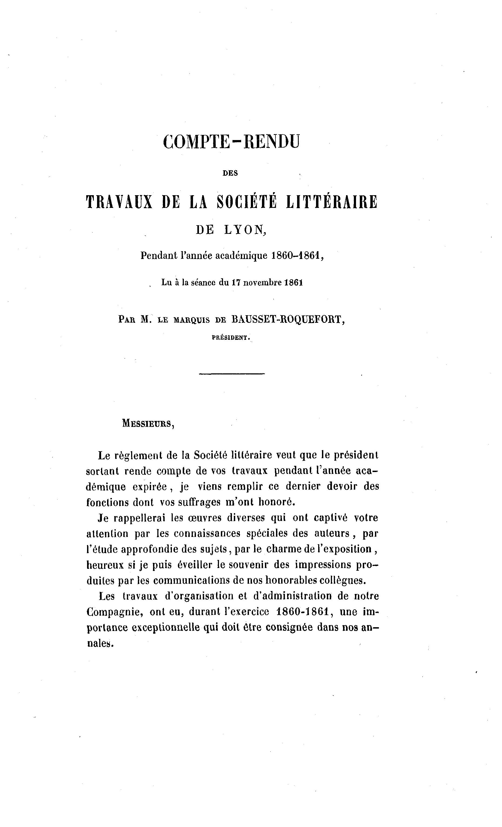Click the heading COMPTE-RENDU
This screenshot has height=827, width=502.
231,142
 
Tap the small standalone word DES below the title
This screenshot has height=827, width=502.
231,174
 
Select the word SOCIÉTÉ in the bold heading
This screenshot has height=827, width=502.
247,202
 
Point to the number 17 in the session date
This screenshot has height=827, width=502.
236,282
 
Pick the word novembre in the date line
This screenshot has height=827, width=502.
262,282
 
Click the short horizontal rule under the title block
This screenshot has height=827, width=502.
232,374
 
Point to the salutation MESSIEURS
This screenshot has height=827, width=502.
148,423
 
